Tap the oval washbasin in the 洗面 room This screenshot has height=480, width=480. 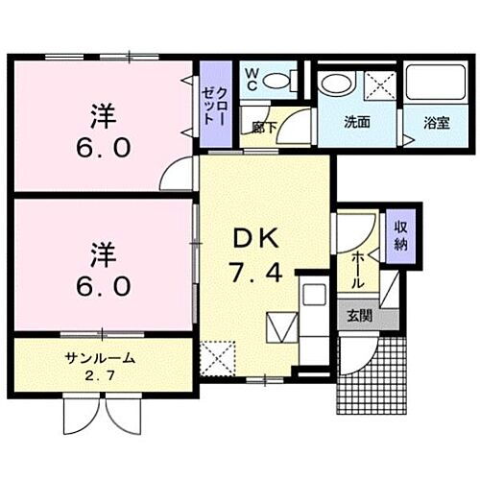[337, 84]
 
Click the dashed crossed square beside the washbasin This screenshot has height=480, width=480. [380, 85]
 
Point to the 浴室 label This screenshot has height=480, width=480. [437, 122]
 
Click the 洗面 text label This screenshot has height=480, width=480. [357, 122]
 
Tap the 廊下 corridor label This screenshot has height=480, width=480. [266, 125]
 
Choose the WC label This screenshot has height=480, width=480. [251, 78]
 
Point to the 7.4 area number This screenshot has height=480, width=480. [255, 273]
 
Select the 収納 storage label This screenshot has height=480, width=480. [399, 234]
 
